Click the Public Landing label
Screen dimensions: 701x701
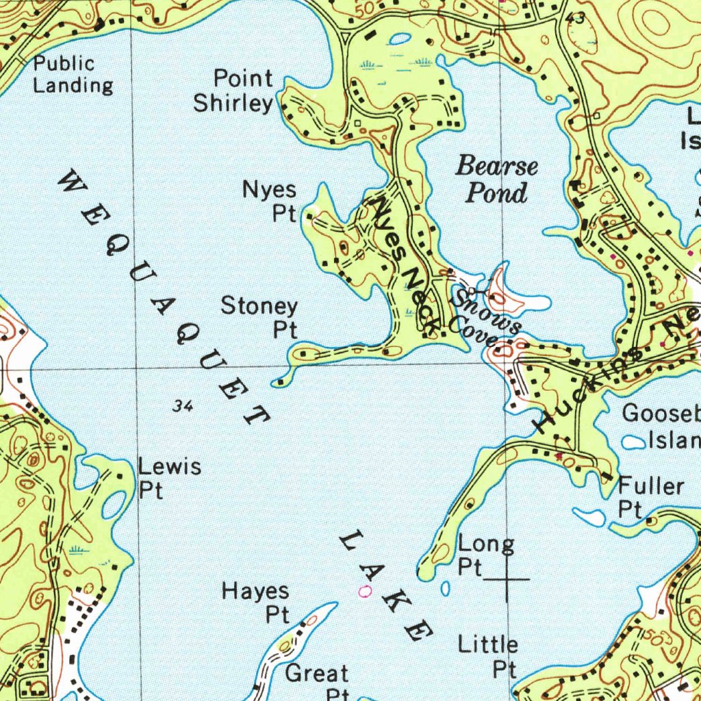coord(73,75)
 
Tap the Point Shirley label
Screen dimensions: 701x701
coord(233,90)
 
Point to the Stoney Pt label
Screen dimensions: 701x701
coord(259,317)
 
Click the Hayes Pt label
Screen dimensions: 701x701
coord(256,602)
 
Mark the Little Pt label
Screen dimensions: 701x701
coord(488,655)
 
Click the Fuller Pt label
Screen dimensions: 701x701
coord(650,497)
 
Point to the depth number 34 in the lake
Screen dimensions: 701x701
coord(183,407)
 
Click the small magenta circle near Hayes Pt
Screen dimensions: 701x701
coord(365,590)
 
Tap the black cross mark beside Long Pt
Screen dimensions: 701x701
coord(507,579)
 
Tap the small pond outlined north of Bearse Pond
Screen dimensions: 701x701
coord(398,40)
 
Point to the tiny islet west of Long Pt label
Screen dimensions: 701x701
coord(446,588)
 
